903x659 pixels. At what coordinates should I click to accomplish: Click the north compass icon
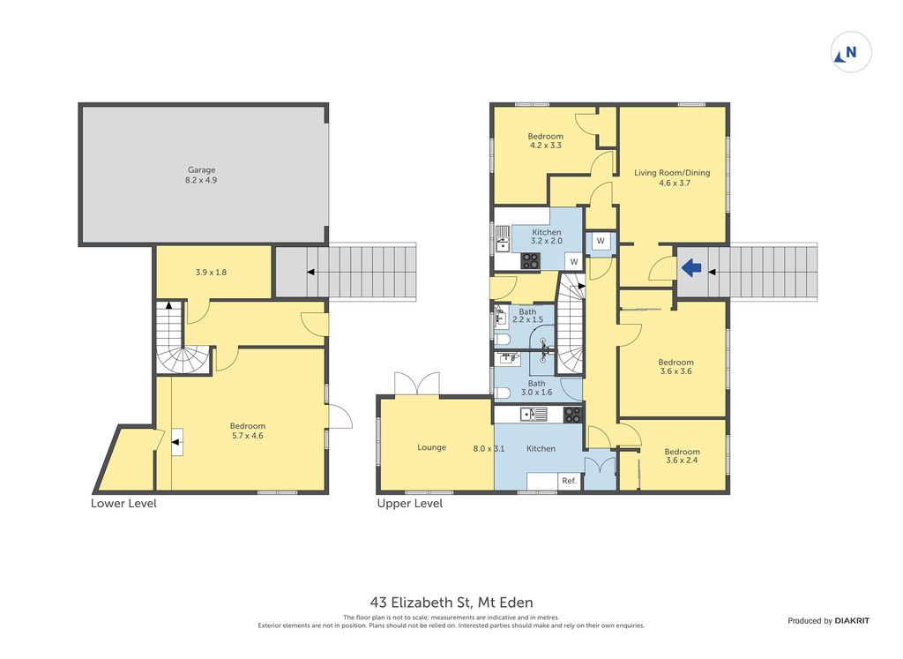tap(851, 52)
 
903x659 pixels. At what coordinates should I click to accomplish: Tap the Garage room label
tap(202, 170)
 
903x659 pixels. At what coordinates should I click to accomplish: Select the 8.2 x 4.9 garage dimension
tap(201, 180)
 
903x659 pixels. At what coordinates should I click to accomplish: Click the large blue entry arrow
tap(691, 267)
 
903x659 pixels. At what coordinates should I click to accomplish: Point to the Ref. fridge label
tap(569, 481)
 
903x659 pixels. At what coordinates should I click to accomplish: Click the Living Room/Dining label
tap(672, 172)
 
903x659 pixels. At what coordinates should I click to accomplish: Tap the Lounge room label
tap(431, 447)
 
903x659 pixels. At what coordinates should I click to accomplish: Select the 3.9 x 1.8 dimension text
tap(211, 273)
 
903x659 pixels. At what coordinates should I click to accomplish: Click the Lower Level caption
tap(123, 504)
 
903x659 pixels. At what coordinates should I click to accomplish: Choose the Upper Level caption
tap(410, 504)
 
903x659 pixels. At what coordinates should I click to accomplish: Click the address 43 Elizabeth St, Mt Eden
tap(451, 603)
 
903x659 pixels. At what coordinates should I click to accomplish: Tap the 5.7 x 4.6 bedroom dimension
tap(248, 436)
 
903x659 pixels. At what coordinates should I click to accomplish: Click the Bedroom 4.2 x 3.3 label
tap(545, 140)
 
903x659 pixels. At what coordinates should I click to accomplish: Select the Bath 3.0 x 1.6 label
tap(536, 387)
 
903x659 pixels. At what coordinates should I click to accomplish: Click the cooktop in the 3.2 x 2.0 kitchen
tap(530, 261)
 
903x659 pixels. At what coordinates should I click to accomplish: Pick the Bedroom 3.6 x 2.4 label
tap(682, 456)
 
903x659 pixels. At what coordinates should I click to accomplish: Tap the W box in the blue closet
tap(601, 242)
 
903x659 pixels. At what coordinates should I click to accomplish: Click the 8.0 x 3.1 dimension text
tap(489, 448)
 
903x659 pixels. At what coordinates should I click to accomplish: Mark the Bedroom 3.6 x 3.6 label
tap(676, 366)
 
